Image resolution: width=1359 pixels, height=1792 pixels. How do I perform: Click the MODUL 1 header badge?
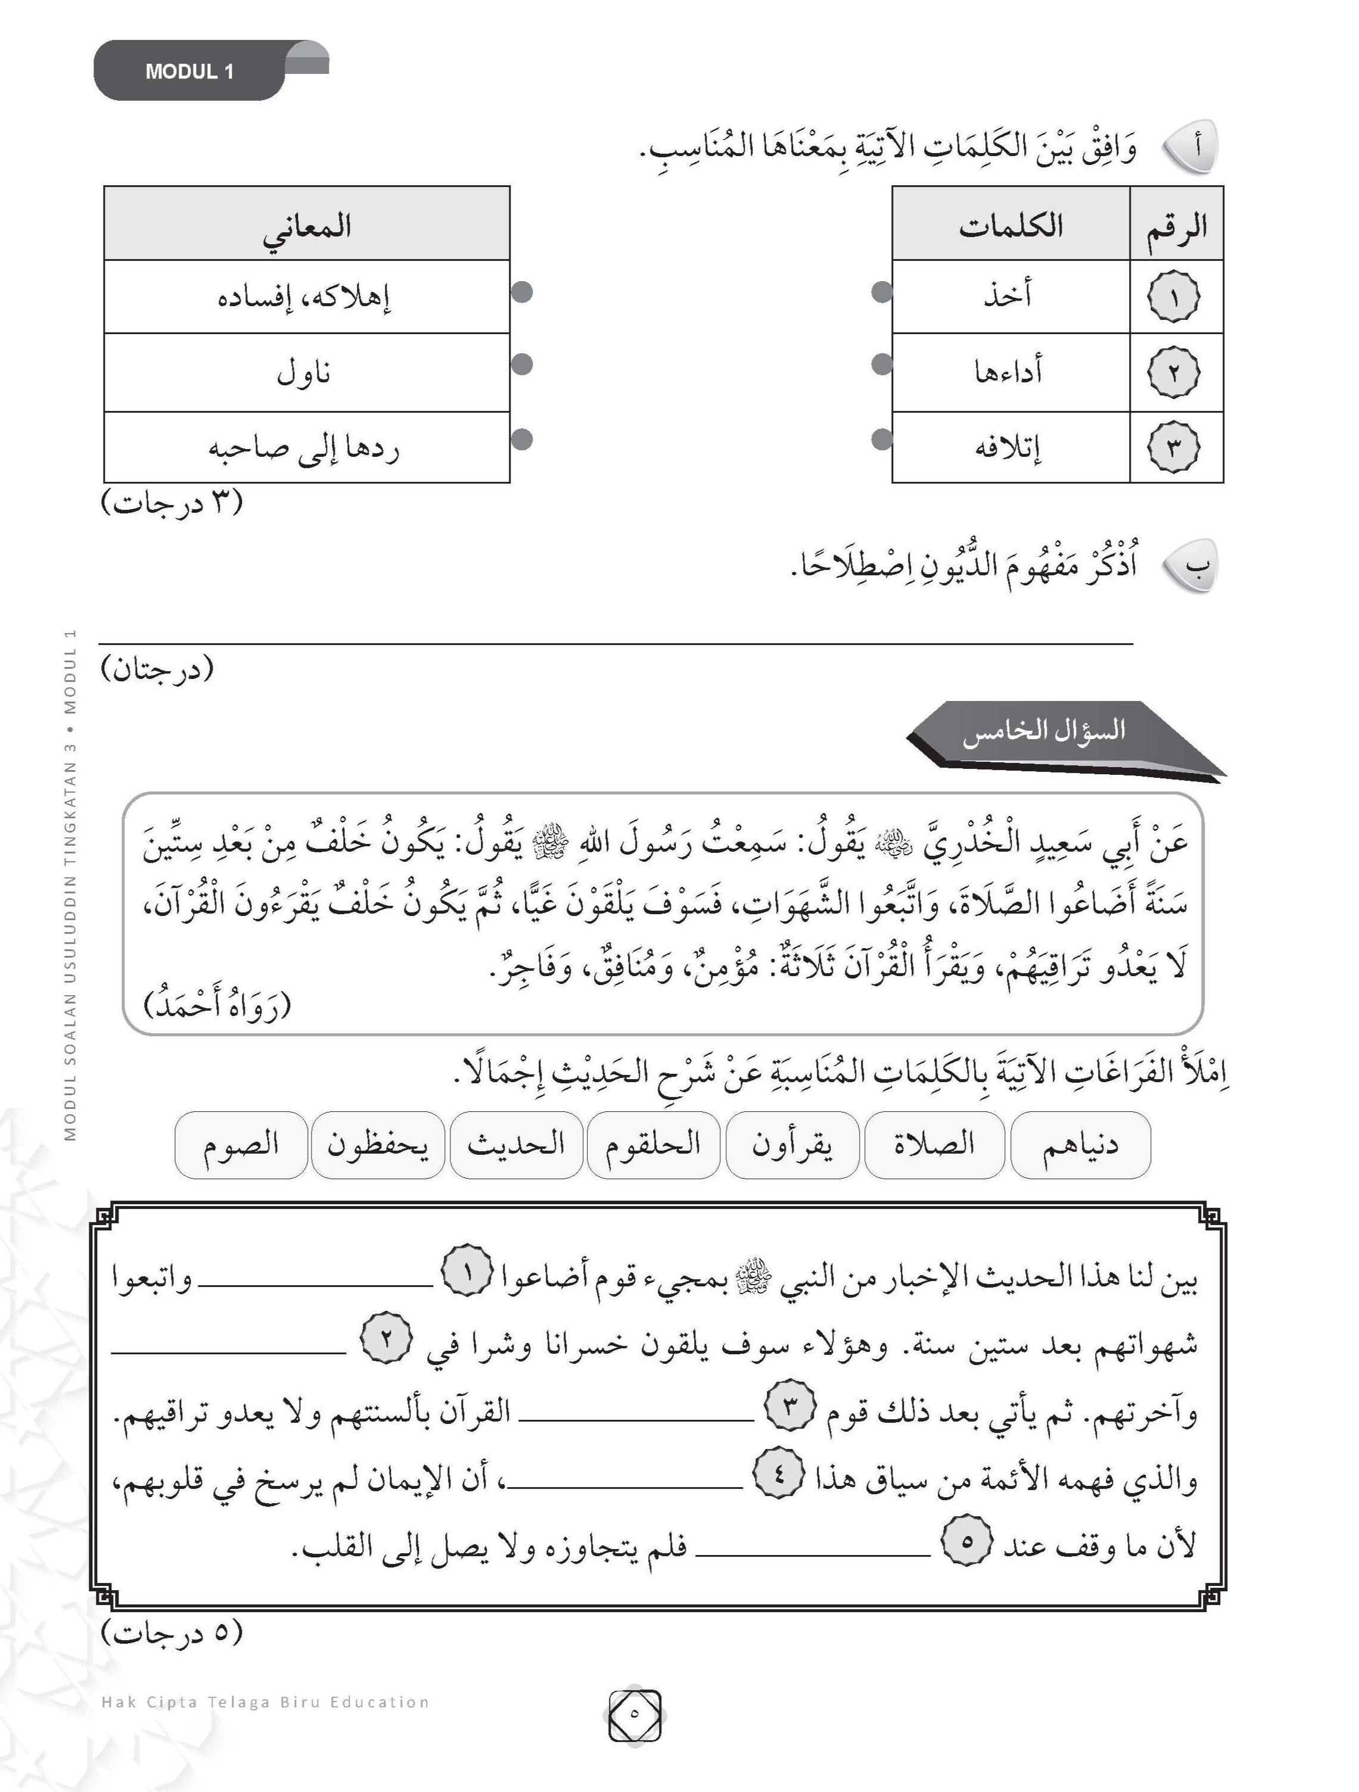point(189,71)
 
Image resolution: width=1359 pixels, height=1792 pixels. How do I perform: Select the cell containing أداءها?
point(1008,372)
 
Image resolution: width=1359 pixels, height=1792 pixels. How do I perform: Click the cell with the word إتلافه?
point(1008,447)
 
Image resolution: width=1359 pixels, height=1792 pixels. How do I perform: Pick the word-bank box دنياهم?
point(1080,1145)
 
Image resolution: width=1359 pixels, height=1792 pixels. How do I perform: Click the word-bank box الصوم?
point(241,1145)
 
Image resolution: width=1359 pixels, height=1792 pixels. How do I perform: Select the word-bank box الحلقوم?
point(653,1145)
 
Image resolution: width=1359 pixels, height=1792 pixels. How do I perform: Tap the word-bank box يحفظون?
point(378,1145)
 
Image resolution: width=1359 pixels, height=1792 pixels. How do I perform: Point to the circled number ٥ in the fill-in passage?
point(966,1542)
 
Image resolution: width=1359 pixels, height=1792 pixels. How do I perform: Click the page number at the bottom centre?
point(635,1713)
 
